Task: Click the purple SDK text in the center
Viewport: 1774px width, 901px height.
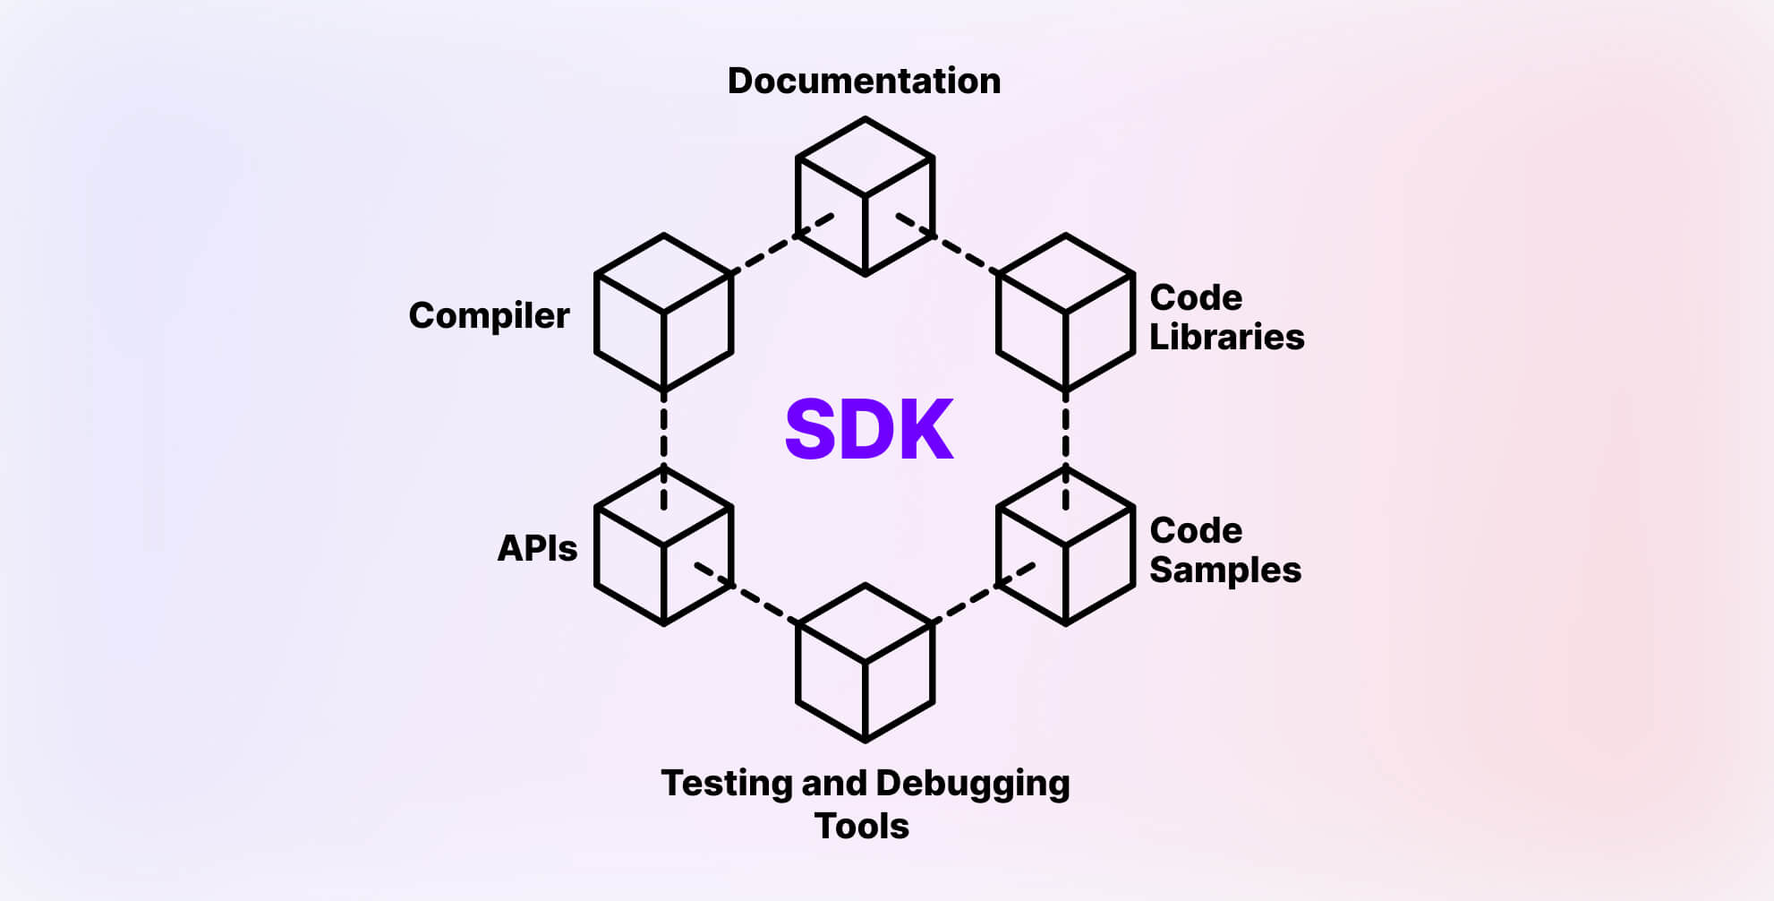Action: point(868,430)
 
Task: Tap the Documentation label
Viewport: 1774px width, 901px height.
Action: point(864,82)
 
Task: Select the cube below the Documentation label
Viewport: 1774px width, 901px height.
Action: point(865,197)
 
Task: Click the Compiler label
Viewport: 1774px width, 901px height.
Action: point(489,316)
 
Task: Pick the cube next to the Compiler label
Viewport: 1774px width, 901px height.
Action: point(663,313)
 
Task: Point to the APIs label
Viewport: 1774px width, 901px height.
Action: point(537,548)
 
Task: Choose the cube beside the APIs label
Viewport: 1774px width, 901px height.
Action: point(663,546)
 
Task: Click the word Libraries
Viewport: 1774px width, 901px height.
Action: point(1226,338)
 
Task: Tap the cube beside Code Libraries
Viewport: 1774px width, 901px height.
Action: point(1065,313)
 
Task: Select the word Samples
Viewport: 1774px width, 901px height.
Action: point(1224,571)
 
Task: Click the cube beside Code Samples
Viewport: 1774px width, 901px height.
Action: point(1065,546)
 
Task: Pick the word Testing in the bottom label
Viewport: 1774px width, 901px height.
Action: point(726,784)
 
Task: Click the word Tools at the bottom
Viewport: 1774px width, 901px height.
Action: point(861,826)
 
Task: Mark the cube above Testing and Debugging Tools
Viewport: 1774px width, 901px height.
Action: point(865,663)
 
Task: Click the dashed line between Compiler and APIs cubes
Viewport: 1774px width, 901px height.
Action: point(663,430)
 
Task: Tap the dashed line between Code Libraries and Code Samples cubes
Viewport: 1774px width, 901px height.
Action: point(1065,430)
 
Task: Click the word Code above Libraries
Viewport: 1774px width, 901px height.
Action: point(1196,298)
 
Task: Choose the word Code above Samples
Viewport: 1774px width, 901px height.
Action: point(1196,531)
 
